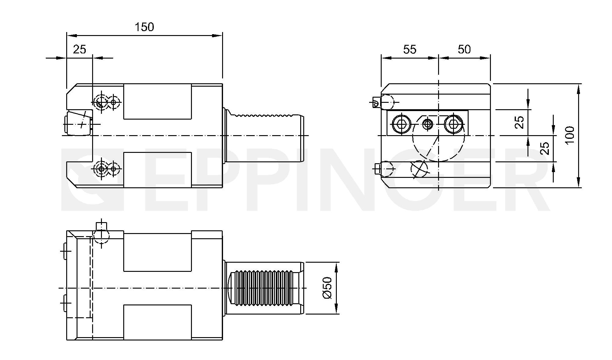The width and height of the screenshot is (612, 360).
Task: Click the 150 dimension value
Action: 144,27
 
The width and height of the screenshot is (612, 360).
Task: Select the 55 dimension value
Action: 409,49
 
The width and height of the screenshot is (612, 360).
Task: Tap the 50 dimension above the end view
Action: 464,49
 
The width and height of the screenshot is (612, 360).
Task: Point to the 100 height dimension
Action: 569,135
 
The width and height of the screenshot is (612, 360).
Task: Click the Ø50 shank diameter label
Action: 327,288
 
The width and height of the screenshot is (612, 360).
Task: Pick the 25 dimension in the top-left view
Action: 80,49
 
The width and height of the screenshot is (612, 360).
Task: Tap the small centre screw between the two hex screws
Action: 427,124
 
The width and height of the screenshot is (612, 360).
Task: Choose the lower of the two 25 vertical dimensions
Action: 545,148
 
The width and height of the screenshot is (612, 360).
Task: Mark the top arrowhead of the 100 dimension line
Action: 578,89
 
